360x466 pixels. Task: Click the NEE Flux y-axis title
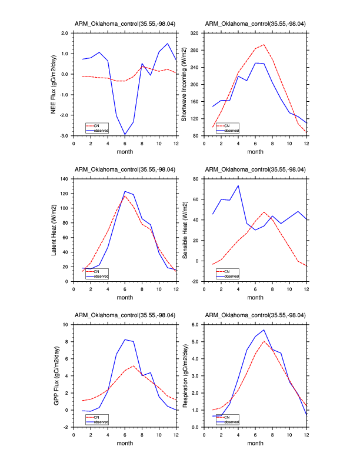tap(54, 84)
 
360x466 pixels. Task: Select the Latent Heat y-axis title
tap(54, 230)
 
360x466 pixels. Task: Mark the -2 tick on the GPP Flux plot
tap(67, 427)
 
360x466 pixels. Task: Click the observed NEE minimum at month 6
tap(125, 135)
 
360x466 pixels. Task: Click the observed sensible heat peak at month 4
tap(238, 185)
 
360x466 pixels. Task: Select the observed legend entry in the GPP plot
tap(102, 421)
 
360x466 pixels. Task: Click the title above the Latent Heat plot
tap(125, 170)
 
